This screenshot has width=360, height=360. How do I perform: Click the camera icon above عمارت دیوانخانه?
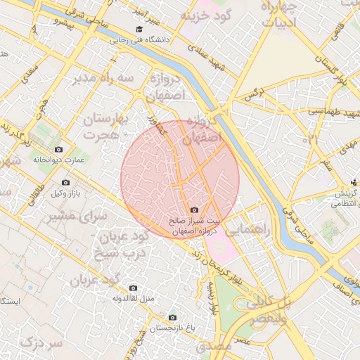click(58, 150)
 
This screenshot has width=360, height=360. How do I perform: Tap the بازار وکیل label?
click(70, 193)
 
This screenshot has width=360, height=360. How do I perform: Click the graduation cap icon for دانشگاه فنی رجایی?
click(139, 30)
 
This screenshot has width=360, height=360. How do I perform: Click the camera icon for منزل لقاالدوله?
click(133, 287)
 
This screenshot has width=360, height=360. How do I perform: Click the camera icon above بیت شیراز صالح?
click(194, 210)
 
